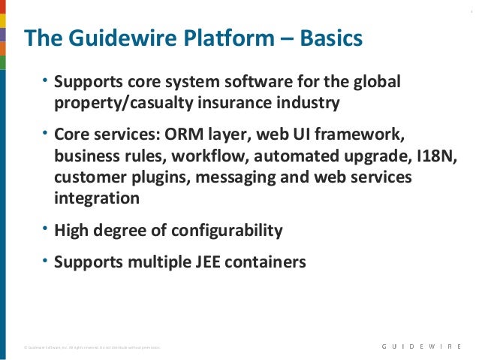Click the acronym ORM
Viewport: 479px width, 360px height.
182,136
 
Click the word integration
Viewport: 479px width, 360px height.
97,198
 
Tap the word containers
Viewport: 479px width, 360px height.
268,262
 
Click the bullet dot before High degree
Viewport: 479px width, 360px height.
45,228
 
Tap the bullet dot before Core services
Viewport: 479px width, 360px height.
45,133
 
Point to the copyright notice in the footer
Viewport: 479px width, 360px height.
90,347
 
